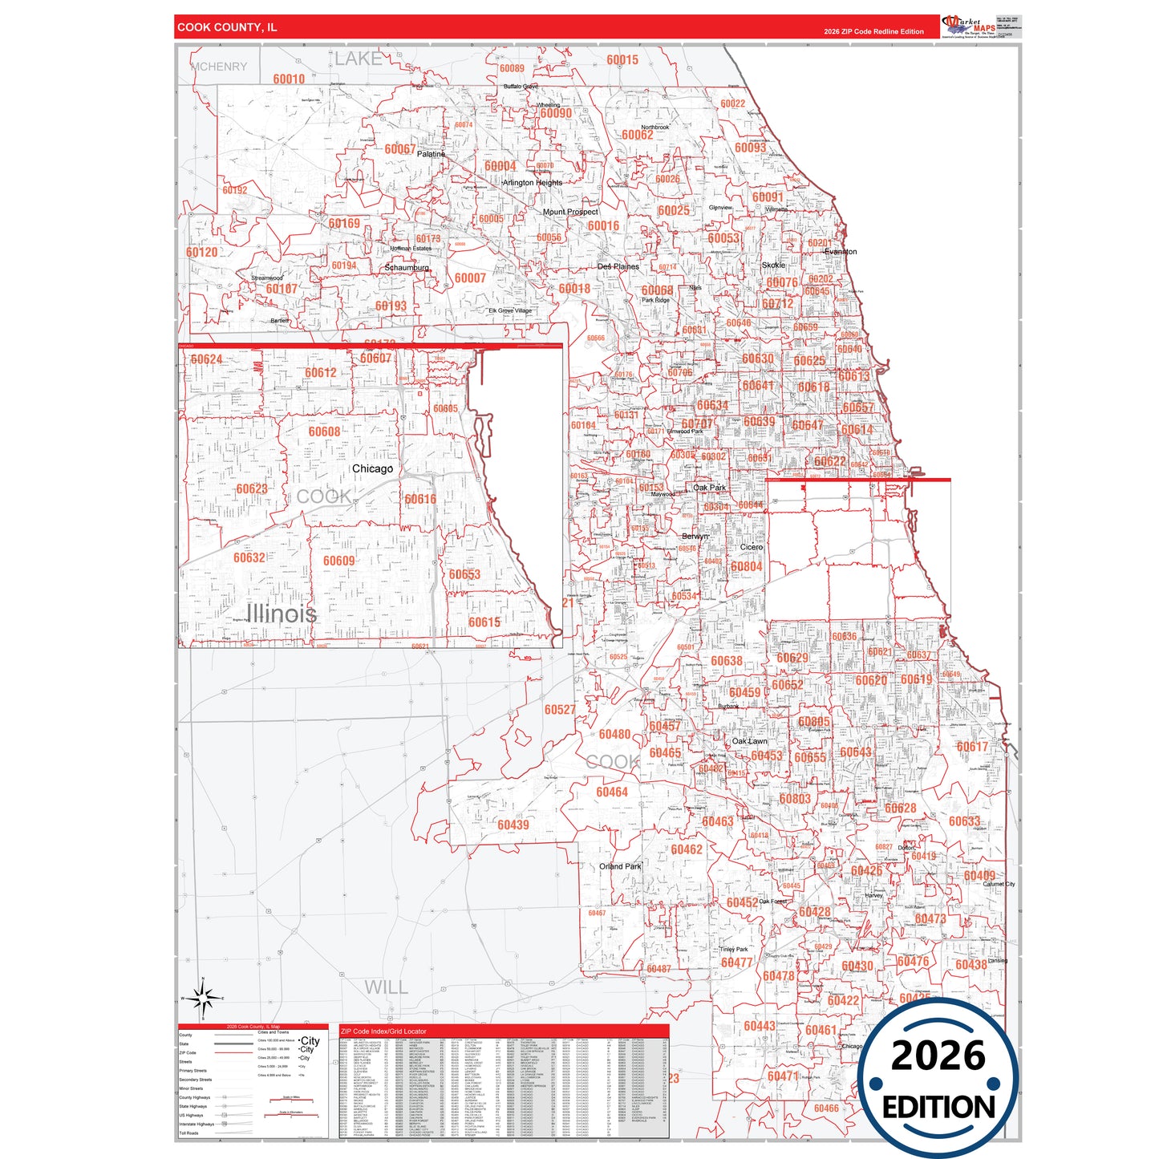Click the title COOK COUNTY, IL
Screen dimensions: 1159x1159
pos(227,27)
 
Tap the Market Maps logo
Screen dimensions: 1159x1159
pos(969,26)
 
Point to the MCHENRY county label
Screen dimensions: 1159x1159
pos(219,67)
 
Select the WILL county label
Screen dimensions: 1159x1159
pos(386,987)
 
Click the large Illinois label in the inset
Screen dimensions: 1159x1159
pos(281,614)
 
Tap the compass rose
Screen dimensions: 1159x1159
pos(203,999)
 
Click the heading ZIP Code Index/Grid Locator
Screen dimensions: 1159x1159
pos(383,1031)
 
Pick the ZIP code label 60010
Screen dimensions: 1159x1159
pos(289,79)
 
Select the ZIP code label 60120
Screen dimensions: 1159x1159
pos(202,252)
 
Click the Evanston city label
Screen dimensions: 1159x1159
pos(841,252)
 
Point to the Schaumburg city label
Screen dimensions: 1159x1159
pos(407,268)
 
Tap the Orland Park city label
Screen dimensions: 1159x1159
pos(620,866)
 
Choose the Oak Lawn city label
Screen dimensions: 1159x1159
pos(749,741)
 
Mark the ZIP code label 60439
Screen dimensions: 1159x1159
pos(513,825)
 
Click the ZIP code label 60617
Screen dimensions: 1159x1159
pos(972,747)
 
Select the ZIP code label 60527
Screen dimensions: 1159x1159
pos(560,709)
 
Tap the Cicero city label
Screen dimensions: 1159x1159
pos(752,547)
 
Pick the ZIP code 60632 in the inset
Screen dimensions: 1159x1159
pos(249,557)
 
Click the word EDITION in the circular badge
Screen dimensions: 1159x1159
pos(938,1108)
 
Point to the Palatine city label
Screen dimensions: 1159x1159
pos(431,154)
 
